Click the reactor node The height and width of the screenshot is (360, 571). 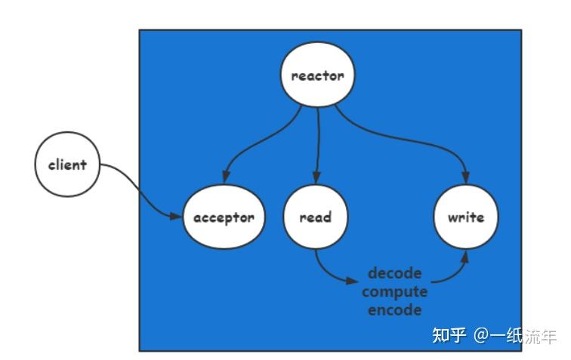(317, 75)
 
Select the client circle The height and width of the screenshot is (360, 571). (67, 165)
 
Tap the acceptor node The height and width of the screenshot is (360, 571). (224, 217)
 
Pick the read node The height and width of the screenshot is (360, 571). (315, 217)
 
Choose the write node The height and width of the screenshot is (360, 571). (466, 217)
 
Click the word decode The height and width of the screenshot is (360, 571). (394, 273)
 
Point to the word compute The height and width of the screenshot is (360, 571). (395, 291)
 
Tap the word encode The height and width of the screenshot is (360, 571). (395, 309)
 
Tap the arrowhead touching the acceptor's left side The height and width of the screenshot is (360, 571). (177, 217)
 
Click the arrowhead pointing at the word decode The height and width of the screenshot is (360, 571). (353, 282)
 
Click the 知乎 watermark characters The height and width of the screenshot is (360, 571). (449, 335)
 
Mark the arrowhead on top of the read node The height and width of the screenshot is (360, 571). (316, 178)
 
